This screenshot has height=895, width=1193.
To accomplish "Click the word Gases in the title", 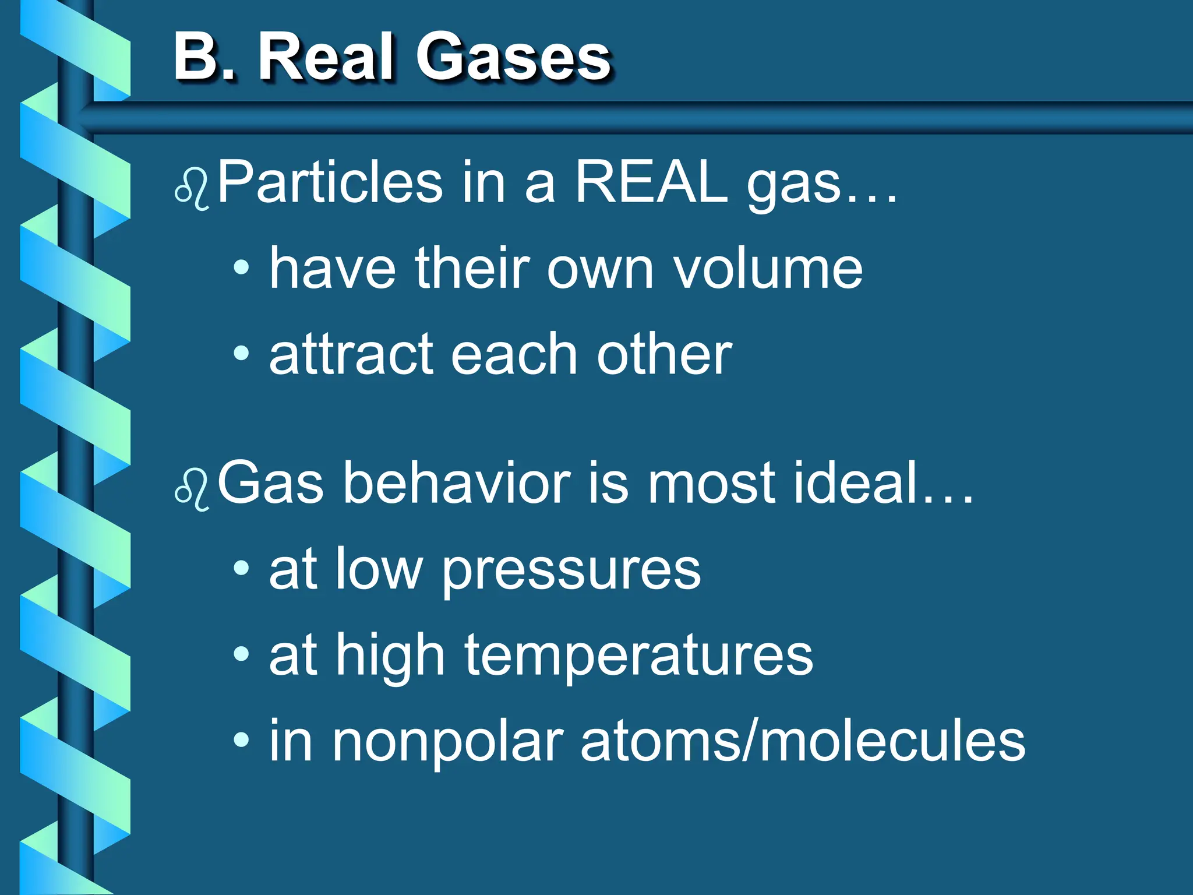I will coord(513,57).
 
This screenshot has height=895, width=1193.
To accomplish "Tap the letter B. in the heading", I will coord(204,57).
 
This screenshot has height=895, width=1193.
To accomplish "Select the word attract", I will coord(352,354).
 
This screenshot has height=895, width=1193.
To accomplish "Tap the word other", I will coord(664,354).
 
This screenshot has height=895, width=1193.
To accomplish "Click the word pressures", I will coord(571,571).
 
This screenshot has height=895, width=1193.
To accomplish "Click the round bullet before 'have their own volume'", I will coord(241,267).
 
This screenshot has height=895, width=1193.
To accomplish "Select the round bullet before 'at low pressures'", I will coord(241,568).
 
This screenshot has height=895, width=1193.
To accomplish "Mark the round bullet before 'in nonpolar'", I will coord(241,741).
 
